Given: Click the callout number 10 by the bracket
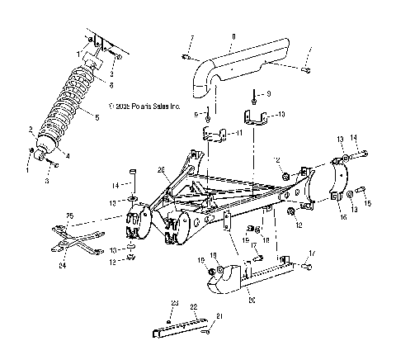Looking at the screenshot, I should tap(281, 114).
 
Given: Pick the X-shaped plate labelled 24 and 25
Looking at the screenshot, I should tap(79, 239).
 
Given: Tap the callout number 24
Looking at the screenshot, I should tap(62, 266).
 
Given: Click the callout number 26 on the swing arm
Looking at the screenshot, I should tap(163, 170).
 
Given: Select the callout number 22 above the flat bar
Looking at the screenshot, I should tap(195, 306).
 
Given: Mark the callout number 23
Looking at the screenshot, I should tap(173, 303).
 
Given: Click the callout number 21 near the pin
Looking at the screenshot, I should tap(219, 316).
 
